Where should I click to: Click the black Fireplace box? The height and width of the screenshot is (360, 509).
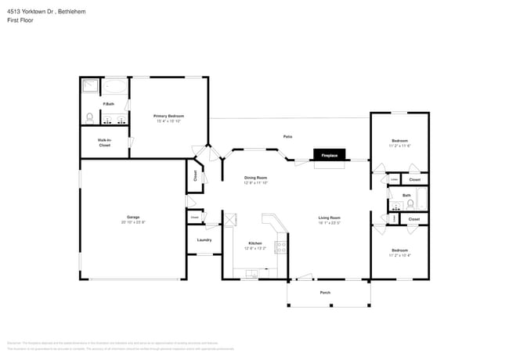click(x=330, y=155)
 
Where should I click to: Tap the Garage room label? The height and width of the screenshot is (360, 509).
click(x=133, y=217)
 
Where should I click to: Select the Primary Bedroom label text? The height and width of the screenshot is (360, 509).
click(x=168, y=116)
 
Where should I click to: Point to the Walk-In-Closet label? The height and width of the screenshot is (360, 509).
click(x=104, y=142)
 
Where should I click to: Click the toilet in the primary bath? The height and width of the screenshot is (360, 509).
click(x=89, y=118)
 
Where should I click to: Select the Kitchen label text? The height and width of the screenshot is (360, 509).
click(x=255, y=243)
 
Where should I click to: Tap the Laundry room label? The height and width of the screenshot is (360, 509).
click(x=204, y=240)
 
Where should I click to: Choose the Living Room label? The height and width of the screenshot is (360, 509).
click(x=329, y=218)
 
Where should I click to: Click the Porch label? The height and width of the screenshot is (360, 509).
click(x=325, y=293)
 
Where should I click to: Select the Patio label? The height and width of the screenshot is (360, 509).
click(x=287, y=136)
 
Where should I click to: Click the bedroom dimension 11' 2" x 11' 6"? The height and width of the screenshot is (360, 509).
click(x=400, y=146)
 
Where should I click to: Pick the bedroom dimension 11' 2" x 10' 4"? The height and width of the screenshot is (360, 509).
click(x=400, y=255)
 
